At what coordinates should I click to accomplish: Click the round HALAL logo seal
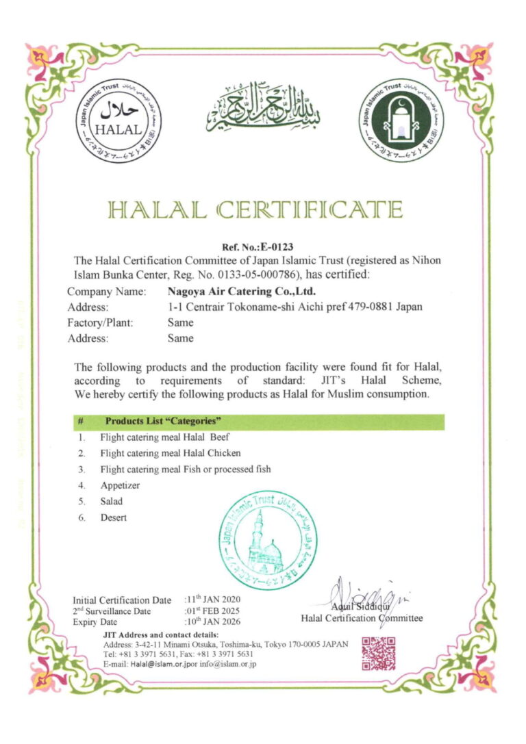(119, 120)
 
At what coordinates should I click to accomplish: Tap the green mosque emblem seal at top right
(397, 120)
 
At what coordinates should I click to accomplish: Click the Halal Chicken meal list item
(171, 453)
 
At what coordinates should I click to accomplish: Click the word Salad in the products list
(112, 502)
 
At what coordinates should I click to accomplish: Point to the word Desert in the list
(114, 517)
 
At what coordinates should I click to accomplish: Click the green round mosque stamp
(267, 541)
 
